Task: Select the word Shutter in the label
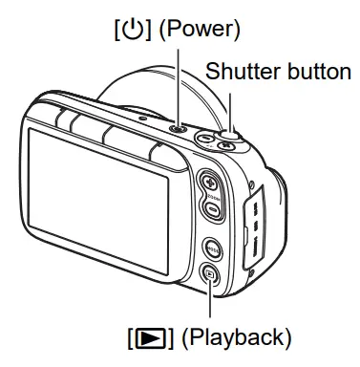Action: tap(239, 73)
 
